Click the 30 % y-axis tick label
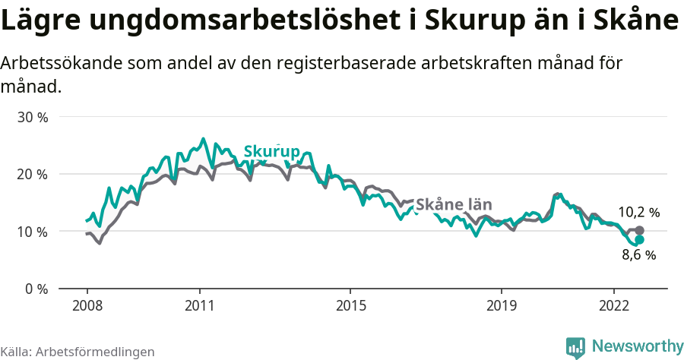pyautogui.click(x=32, y=118)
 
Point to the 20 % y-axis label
pyautogui.click(x=32, y=175)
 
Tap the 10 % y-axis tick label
pyautogui.click(x=32, y=232)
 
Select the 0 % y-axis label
pyautogui.click(x=36, y=289)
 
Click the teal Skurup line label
pyautogui.click(x=272, y=151)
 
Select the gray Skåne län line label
pyautogui.click(x=454, y=204)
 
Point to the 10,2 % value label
pyautogui.click(x=638, y=213)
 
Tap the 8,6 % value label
pyautogui.click(x=638, y=255)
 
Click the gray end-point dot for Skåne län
pyautogui.click(x=639, y=230)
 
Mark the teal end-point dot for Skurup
pyautogui.click(x=639, y=239)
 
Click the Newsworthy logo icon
pyautogui.click(x=575, y=347)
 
